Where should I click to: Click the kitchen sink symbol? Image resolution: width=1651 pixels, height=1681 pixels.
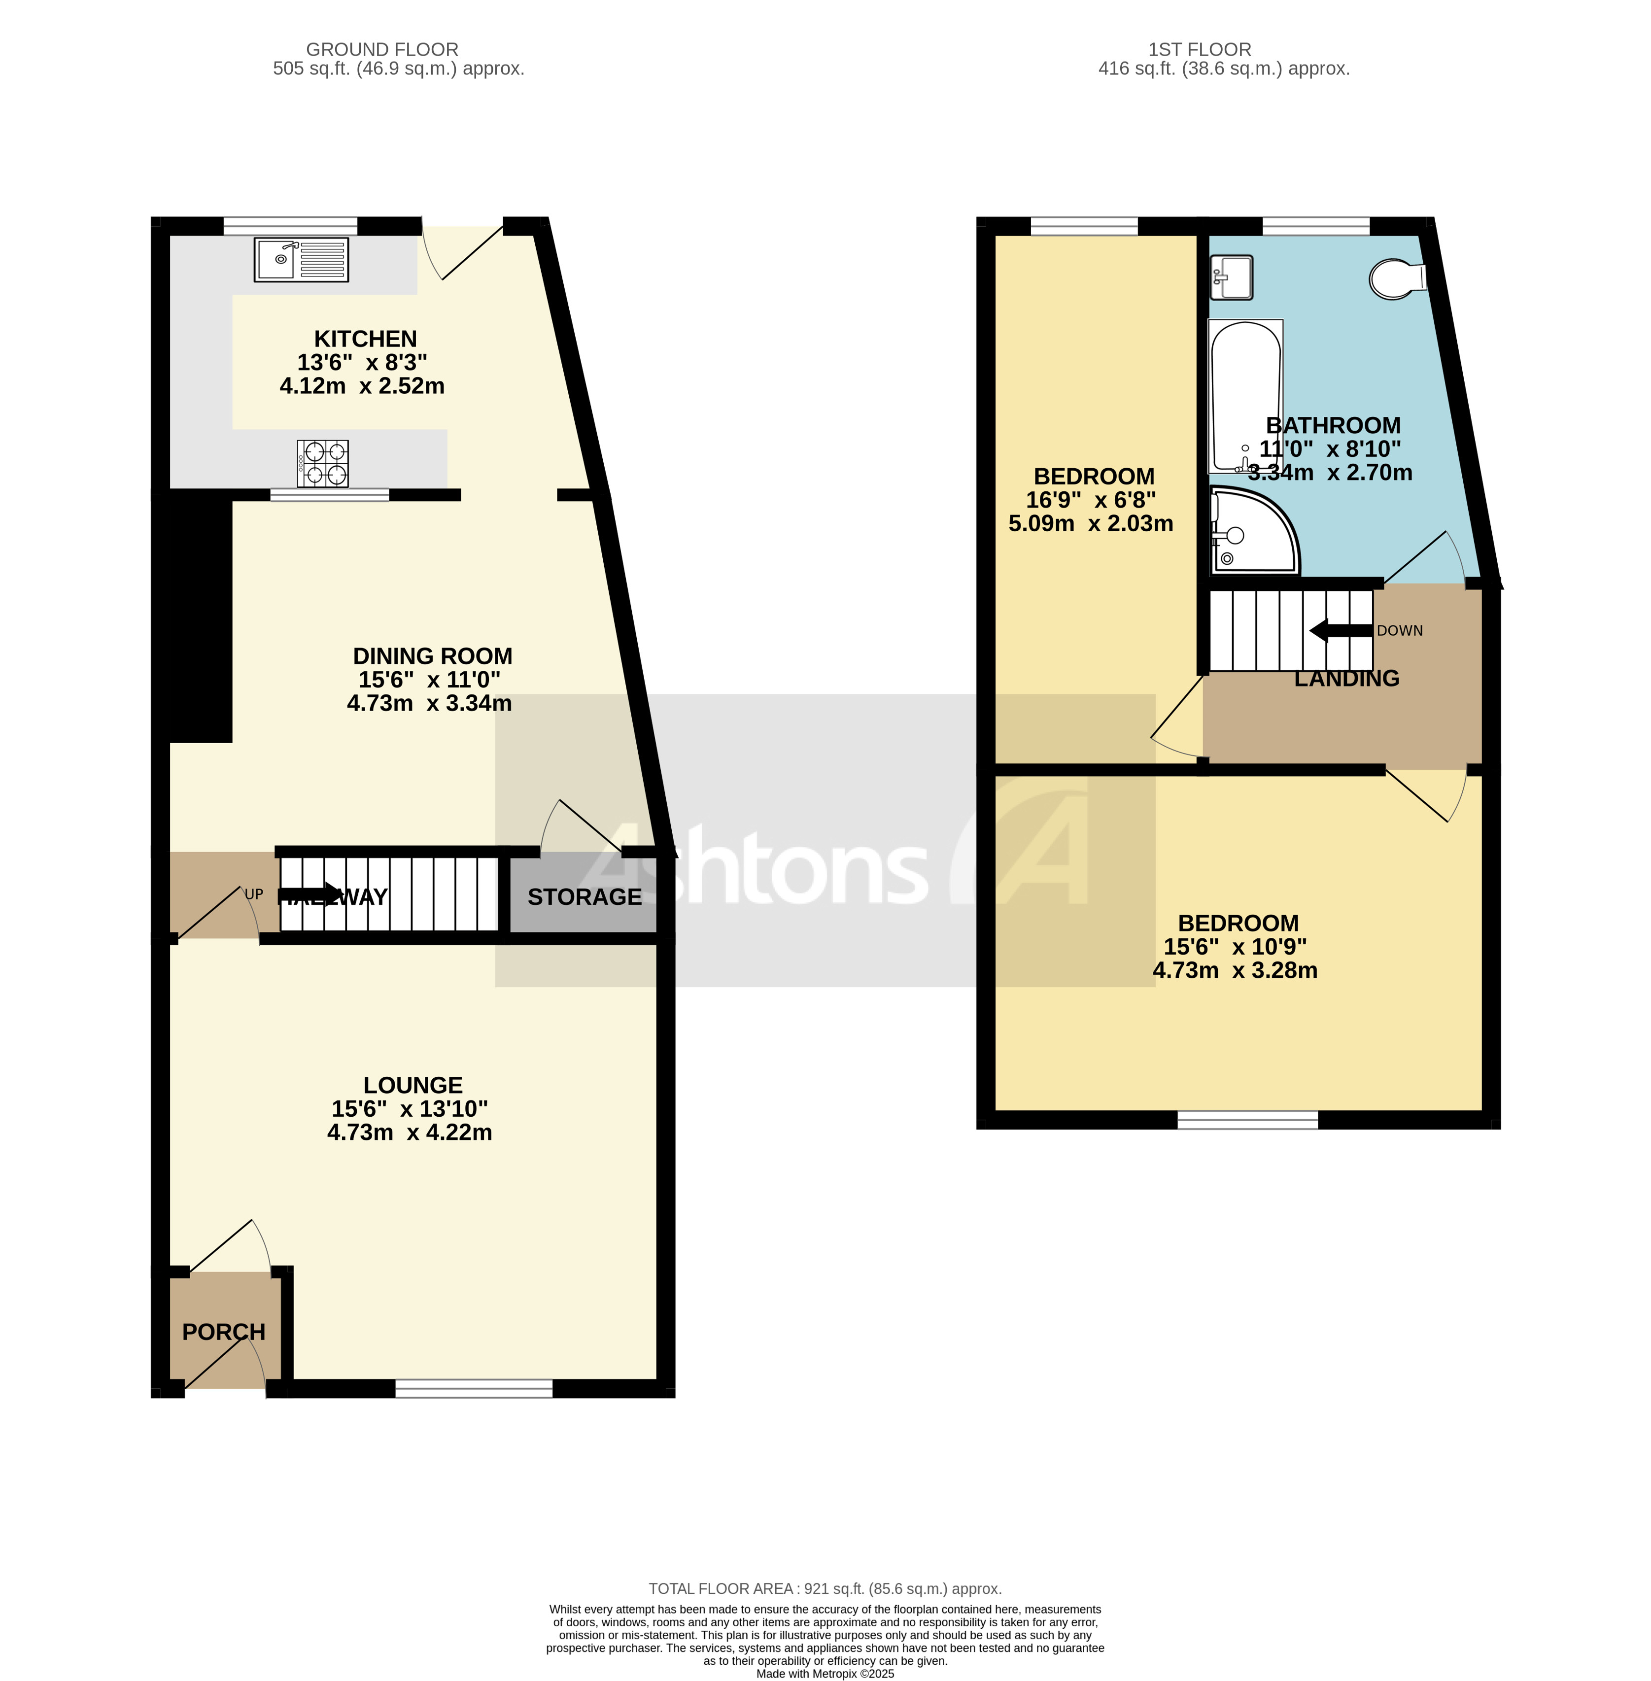point(301,259)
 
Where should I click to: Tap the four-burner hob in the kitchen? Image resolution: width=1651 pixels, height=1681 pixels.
point(323,463)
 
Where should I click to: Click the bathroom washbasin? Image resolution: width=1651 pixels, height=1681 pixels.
point(1231,275)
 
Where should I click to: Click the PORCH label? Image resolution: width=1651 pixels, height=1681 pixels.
point(224,1332)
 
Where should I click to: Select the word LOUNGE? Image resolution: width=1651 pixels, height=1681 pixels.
point(413,1085)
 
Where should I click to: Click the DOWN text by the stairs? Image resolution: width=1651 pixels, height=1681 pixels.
point(1400,630)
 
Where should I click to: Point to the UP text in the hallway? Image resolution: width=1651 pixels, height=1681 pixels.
point(253,894)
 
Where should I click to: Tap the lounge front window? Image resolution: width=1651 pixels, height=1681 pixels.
point(474,1389)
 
